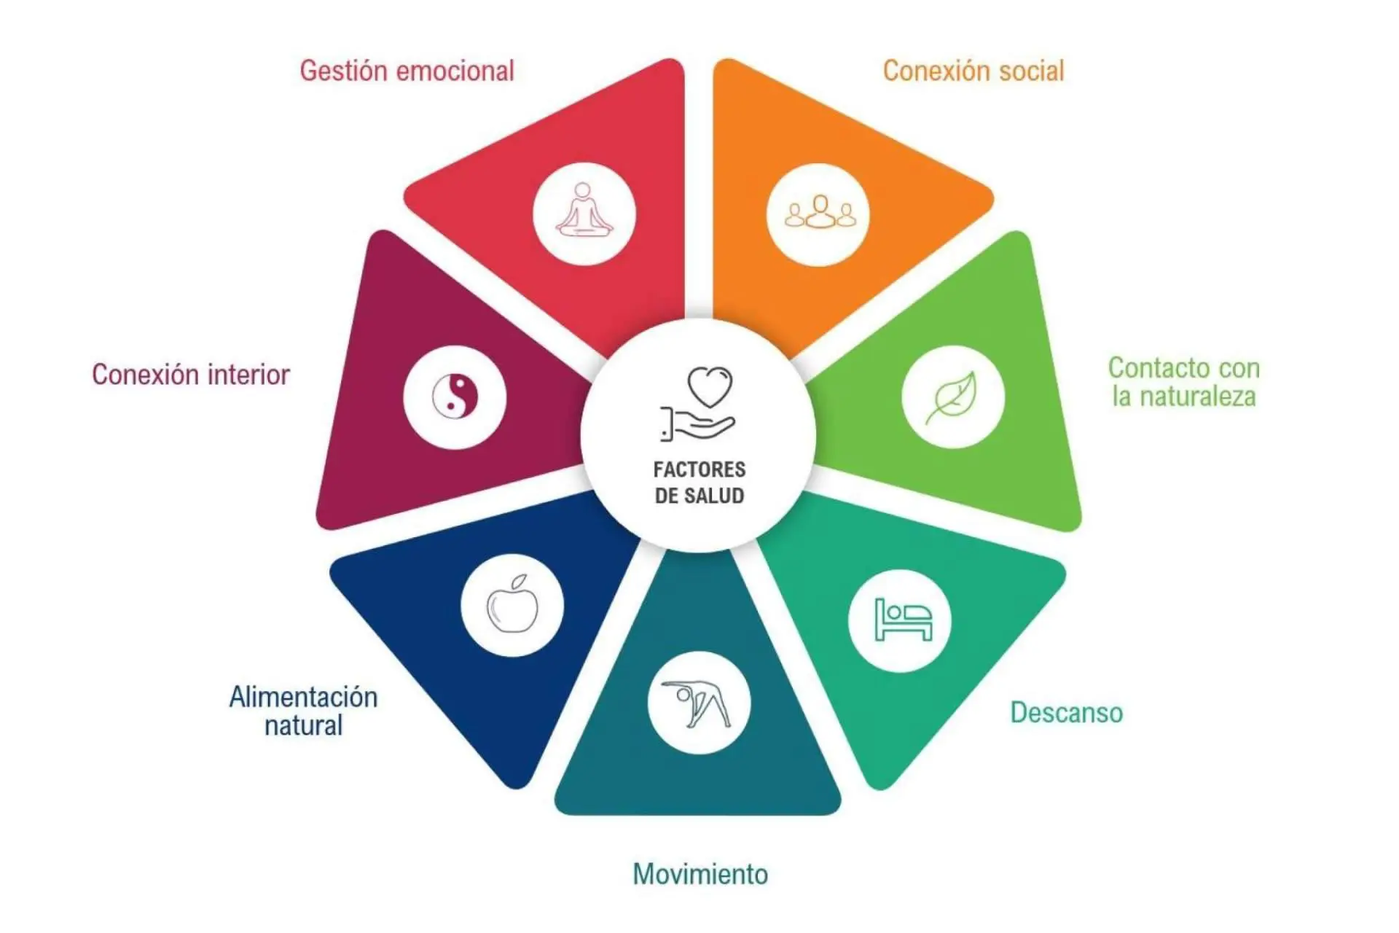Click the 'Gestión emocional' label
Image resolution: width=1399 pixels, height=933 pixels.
[407, 71]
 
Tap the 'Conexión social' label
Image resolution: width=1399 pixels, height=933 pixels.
[973, 71]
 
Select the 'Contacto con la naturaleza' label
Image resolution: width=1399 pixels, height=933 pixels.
[1184, 382]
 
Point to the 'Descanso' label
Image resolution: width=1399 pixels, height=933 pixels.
[1066, 713]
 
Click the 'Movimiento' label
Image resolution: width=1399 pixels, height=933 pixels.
[700, 874]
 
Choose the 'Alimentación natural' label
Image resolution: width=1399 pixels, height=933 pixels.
[303, 711]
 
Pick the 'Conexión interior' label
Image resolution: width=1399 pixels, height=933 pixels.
[191, 375]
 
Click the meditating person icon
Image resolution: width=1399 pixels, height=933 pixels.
[584, 213]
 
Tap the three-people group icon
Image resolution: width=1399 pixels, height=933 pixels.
[820, 213]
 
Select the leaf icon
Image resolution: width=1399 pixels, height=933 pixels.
[952, 397]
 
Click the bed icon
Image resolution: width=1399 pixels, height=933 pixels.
[902, 620]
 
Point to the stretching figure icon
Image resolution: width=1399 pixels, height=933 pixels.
[698, 703]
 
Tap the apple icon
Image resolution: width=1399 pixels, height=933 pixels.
[512, 605]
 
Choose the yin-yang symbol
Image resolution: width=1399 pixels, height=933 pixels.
[455, 397]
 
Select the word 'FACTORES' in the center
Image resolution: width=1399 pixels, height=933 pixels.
[699, 469]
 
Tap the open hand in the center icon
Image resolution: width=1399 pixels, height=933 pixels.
[699, 425]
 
